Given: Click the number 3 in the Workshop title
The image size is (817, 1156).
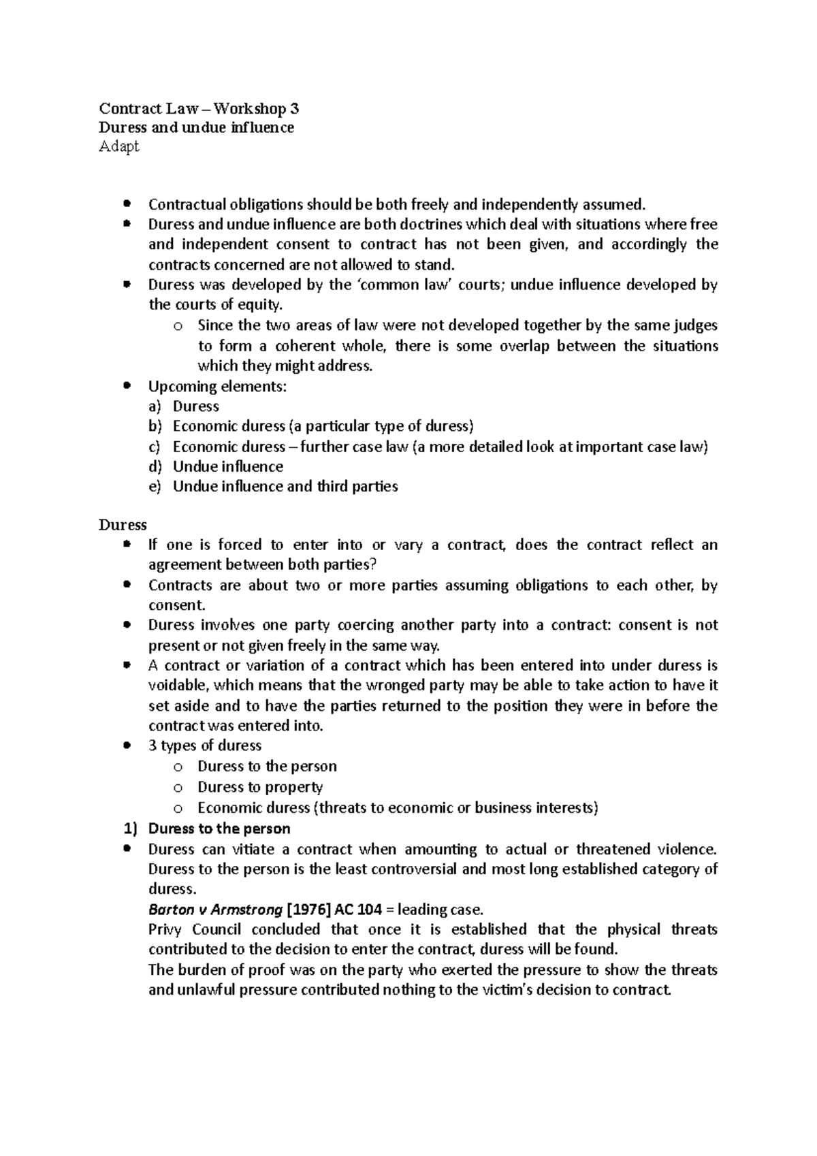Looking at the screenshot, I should (293, 109).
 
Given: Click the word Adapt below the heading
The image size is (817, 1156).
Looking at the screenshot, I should (119, 146).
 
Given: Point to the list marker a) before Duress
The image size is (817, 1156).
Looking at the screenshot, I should (154, 406).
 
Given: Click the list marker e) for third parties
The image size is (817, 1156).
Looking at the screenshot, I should (154, 487).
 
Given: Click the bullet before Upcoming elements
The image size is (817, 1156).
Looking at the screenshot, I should (127, 386).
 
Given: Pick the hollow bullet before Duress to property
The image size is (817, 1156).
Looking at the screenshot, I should (178, 788).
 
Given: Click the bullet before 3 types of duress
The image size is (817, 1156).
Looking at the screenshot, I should (127, 745).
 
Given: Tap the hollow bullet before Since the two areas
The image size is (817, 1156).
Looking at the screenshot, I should (178, 326).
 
